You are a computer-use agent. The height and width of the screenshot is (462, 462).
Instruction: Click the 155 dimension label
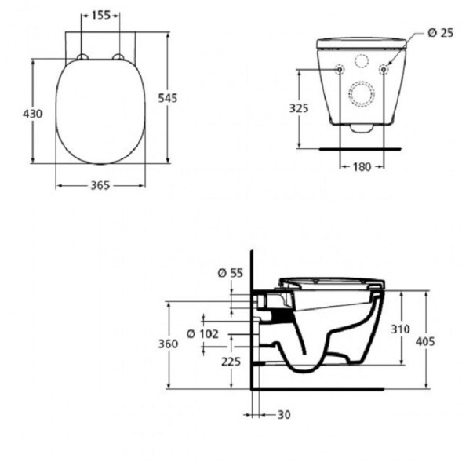[x=100, y=15]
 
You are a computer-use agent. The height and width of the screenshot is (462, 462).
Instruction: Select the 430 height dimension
[x=31, y=113]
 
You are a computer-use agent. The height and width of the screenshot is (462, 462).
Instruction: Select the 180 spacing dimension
[x=361, y=166]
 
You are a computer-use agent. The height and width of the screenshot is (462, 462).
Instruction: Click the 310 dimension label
[x=401, y=329]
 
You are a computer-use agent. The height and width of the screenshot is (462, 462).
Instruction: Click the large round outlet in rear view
[x=362, y=95]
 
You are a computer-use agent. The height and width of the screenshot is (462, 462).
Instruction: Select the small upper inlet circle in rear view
[x=362, y=60]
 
